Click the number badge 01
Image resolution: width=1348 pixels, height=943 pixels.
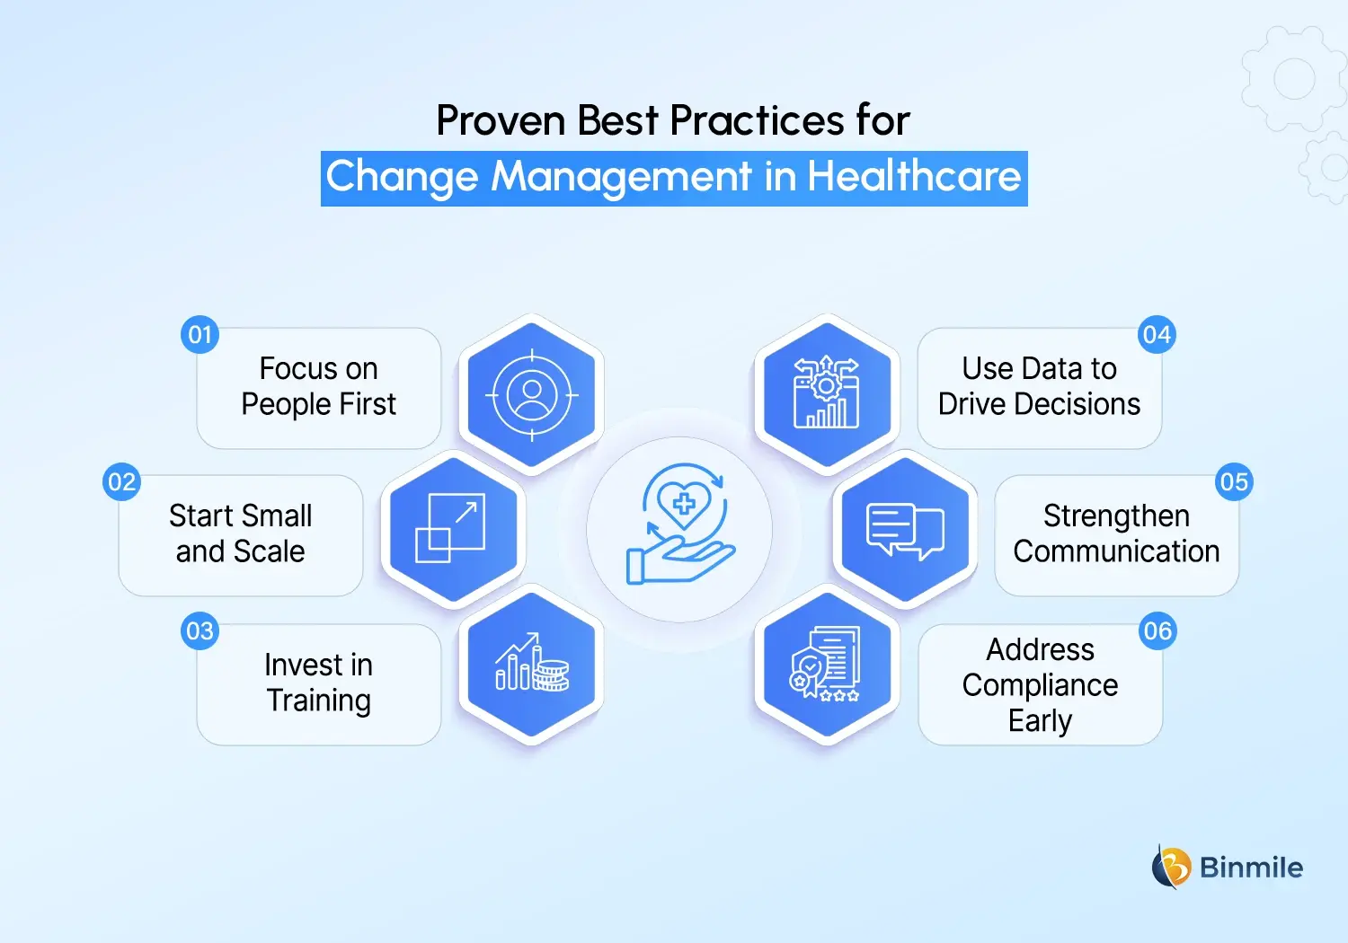(200, 335)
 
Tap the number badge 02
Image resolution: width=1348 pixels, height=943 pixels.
(121, 482)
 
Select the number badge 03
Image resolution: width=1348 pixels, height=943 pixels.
(200, 631)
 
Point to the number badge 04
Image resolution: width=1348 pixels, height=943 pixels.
(1157, 335)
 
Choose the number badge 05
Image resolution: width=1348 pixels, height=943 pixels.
(1234, 482)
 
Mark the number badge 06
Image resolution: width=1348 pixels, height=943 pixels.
(1157, 631)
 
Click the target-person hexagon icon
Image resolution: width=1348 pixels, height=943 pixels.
(531, 394)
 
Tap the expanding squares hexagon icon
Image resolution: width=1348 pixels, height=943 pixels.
(453, 529)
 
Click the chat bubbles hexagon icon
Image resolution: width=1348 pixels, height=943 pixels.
(905, 529)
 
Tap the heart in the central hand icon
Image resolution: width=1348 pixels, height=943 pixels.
(684, 502)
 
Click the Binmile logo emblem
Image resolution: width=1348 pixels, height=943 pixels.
(1171, 867)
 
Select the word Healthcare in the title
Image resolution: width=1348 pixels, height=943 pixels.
(914, 177)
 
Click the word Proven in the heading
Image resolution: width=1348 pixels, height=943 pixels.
(501, 120)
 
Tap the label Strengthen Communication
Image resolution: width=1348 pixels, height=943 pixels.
(1116, 533)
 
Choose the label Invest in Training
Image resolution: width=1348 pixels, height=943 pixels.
(319, 683)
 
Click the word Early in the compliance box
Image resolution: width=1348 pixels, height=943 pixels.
(1040, 721)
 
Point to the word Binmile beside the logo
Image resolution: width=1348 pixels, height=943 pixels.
(1251, 868)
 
